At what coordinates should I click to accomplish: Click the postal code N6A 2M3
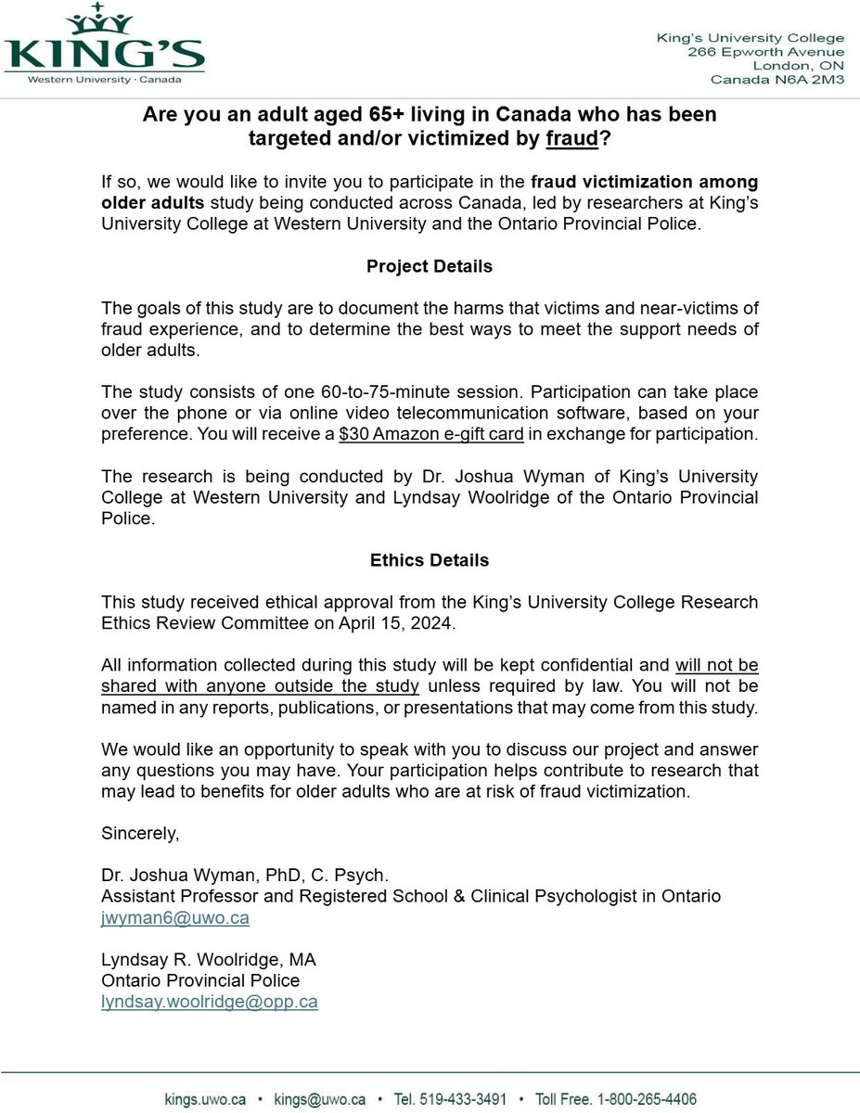(x=812, y=80)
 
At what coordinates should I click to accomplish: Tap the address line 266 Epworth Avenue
(x=765, y=52)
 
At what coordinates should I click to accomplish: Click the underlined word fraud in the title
(x=571, y=140)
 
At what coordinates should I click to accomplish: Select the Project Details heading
(x=430, y=266)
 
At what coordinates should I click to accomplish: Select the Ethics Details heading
(x=430, y=560)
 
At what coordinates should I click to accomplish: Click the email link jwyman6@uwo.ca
(x=174, y=917)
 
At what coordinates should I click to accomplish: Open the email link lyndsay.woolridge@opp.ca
(x=209, y=1002)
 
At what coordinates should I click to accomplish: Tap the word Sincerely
(x=140, y=834)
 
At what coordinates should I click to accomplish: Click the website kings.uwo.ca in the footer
(x=205, y=1099)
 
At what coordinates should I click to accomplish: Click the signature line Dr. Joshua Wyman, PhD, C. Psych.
(x=245, y=875)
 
